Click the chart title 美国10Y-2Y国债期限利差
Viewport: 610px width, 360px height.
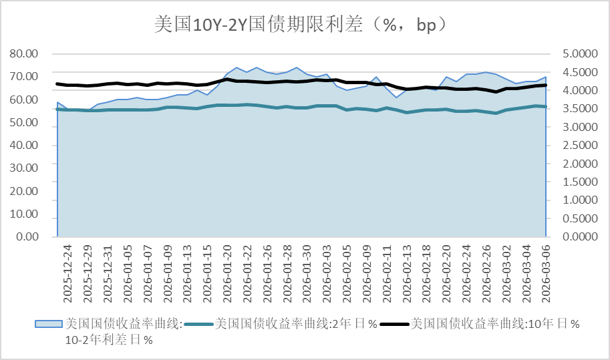click(x=300, y=25)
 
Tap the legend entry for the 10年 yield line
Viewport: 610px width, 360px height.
click(x=494, y=324)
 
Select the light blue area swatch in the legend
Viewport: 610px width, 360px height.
click(x=48, y=324)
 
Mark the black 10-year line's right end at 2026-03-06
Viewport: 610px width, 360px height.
click(x=546, y=85)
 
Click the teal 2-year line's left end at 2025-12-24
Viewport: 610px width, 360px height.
click(x=57, y=109)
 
